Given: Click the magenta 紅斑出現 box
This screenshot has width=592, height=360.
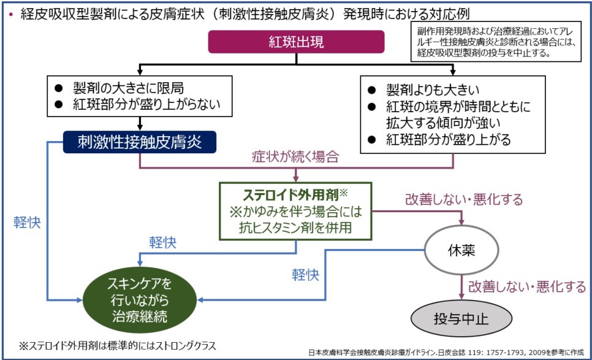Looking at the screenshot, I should (x=297, y=42).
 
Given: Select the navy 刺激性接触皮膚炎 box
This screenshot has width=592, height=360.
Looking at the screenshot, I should (x=140, y=142).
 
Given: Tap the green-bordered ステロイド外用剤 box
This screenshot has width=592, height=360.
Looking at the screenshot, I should (x=296, y=210).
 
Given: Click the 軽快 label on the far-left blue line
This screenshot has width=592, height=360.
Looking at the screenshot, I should (x=25, y=222).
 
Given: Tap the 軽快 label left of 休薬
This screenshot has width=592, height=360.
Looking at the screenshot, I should (x=305, y=274).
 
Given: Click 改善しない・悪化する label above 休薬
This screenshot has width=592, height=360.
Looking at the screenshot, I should (x=464, y=200).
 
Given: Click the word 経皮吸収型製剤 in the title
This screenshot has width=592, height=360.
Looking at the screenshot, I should (x=70, y=13).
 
